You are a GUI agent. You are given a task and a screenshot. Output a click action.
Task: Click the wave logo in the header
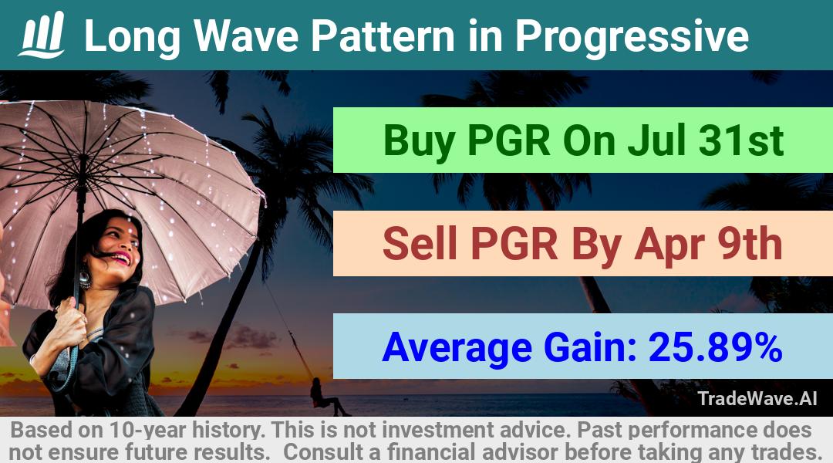click(x=42, y=35)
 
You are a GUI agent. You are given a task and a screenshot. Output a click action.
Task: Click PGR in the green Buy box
click(x=509, y=140)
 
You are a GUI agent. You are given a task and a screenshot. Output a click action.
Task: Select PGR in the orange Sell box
click(x=514, y=243)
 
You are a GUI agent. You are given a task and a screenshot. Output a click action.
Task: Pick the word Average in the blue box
click(x=457, y=348)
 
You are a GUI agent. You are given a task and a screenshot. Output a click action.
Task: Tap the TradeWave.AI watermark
click(x=757, y=398)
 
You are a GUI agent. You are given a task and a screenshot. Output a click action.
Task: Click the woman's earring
click(x=85, y=279)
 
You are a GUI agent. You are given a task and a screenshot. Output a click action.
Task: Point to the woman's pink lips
click(x=122, y=259)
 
